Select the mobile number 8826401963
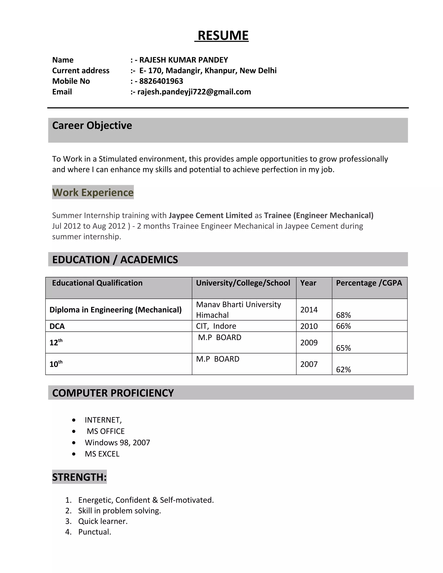point(161,81)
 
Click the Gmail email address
point(194,92)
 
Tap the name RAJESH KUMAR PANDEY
point(183,60)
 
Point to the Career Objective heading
point(92,125)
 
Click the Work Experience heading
point(93,192)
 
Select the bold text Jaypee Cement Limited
point(210,215)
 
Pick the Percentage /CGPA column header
point(369,283)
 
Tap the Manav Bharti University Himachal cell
point(238,310)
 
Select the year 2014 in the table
point(309,310)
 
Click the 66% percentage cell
point(343,326)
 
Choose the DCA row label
point(57,326)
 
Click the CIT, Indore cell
point(216,326)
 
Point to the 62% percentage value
point(343,369)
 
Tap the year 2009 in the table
point(309,343)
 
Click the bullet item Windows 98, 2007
point(117,443)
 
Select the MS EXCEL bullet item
point(102,454)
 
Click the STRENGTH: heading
point(79,477)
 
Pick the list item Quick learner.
point(103,521)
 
